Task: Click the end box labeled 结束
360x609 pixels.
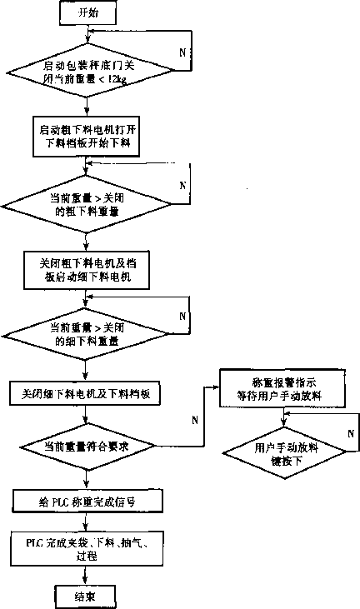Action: pos(85,595)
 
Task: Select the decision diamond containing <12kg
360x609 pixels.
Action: pos(85,72)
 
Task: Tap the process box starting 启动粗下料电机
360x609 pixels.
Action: pos(85,137)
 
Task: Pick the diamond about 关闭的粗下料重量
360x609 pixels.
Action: pos(85,205)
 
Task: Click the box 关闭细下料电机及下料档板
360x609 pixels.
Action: pos(85,392)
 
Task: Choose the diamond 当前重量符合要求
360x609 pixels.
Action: pos(85,446)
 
